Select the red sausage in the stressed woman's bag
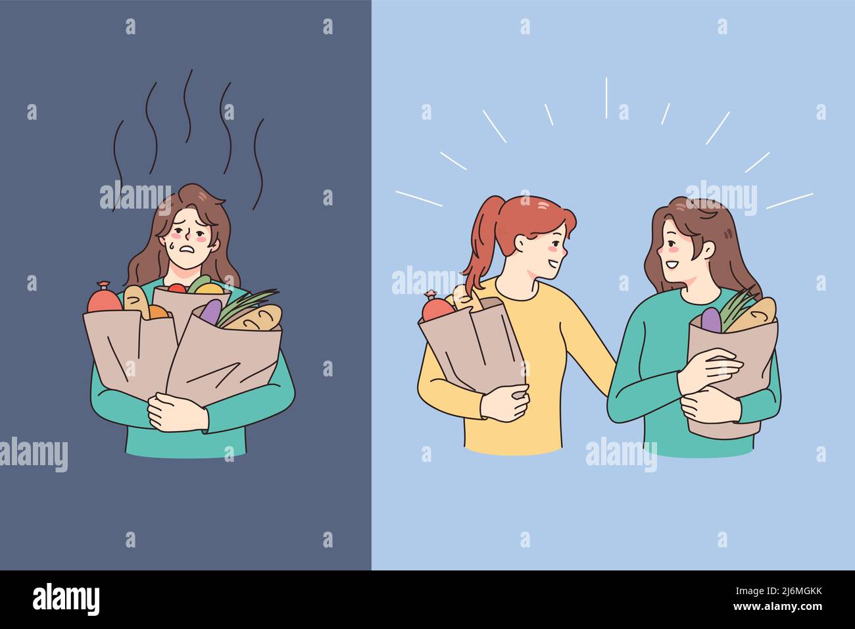(x=105, y=298)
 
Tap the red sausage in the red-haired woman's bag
(x=437, y=307)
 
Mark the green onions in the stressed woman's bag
(x=247, y=304)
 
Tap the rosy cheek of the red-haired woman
(x=555, y=250)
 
